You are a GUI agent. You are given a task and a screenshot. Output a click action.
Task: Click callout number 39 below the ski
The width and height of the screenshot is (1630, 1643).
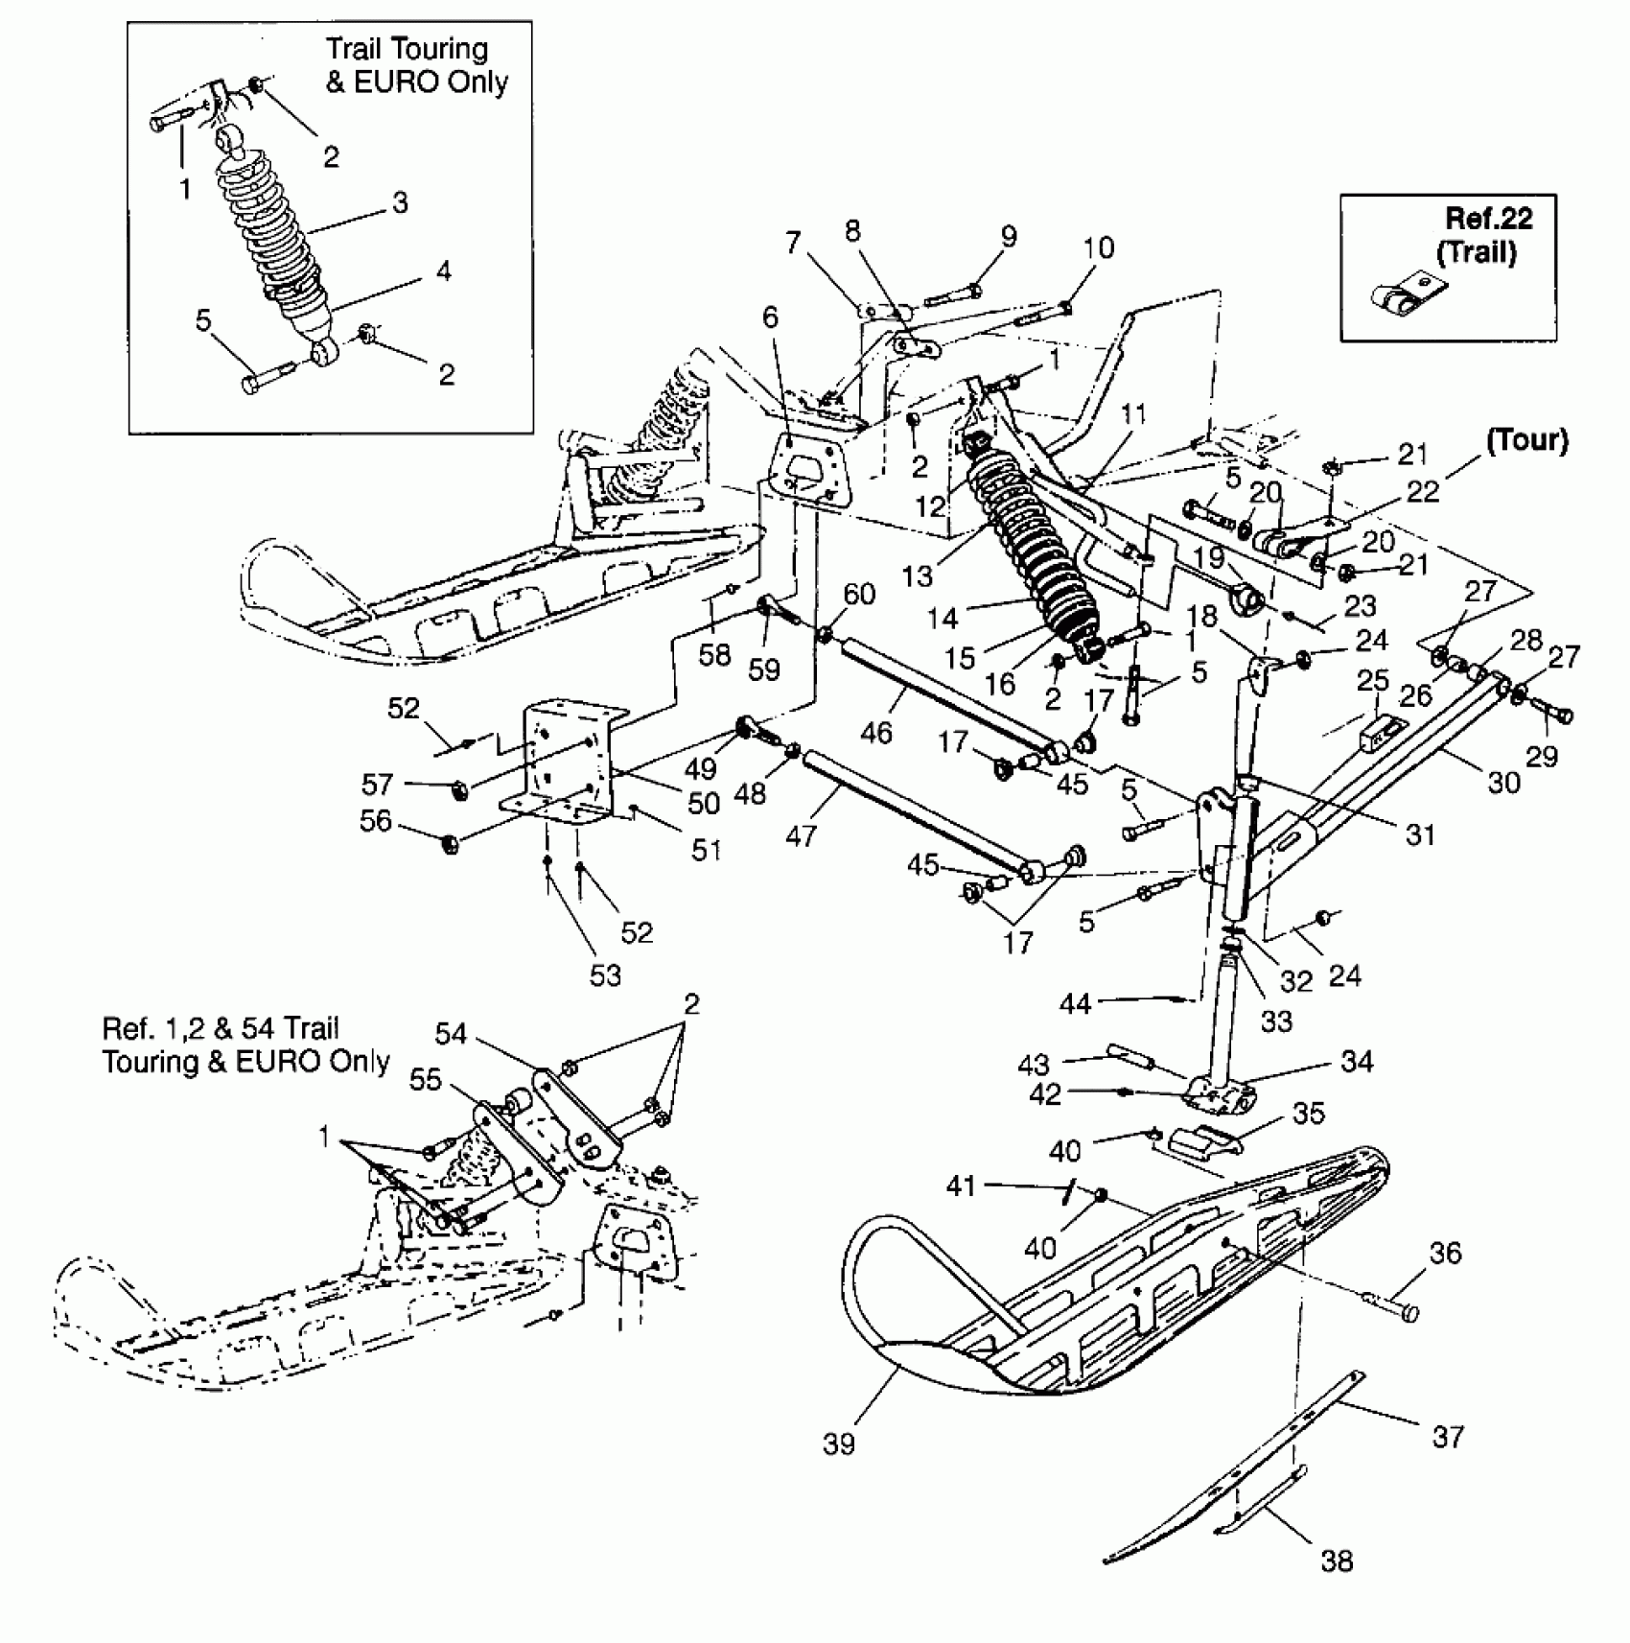[x=838, y=1443]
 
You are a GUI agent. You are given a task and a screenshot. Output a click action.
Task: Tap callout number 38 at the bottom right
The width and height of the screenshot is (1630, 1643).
[x=1337, y=1561]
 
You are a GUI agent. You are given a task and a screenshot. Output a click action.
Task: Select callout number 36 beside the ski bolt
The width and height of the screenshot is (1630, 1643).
[x=1445, y=1253]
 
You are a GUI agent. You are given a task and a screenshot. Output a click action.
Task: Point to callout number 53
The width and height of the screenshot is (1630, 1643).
[x=606, y=975]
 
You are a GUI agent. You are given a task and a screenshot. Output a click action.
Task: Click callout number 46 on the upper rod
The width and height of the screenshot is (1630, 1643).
[x=875, y=732]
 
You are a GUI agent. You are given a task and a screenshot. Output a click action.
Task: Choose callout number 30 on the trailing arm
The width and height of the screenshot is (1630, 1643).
[x=1503, y=783]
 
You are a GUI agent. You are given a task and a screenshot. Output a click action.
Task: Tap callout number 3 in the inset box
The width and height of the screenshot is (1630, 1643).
[x=400, y=202]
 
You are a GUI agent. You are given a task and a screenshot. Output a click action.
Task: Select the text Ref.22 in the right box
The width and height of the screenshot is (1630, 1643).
[x=1488, y=219]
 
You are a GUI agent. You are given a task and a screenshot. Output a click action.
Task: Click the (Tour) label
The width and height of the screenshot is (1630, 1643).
[x=1526, y=440]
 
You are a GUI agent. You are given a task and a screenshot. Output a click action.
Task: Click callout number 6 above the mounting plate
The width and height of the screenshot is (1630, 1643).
[x=771, y=317]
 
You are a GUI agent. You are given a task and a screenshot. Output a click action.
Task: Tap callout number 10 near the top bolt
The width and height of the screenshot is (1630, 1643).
[x=1099, y=247]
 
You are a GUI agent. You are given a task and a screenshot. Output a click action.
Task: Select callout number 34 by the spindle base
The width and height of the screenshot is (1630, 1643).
[x=1357, y=1061]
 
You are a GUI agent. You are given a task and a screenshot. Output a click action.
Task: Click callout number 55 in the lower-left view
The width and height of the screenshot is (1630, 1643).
[x=425, y=1079]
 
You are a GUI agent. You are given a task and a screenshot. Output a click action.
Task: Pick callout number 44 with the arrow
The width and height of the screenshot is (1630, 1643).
[x=1075, y=1003]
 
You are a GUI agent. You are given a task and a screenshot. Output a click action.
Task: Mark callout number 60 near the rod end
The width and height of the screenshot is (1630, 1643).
[x=859, y=594]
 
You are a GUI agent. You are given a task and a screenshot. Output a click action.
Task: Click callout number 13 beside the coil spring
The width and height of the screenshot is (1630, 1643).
[x=917, y=575]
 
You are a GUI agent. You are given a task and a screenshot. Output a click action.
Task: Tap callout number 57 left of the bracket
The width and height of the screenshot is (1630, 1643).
[x=377, y=784]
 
